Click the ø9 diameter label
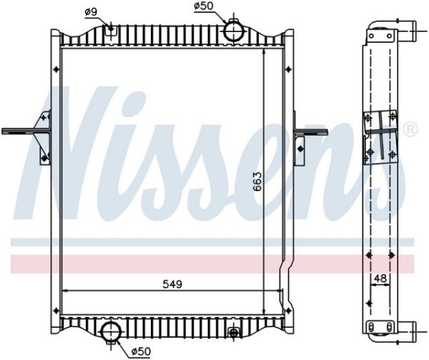click(92, 12)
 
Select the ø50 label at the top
click(203, 6)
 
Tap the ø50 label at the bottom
click(141, 351)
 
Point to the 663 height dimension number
click(257, 181)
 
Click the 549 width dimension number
click(172, 284)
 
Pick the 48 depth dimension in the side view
click(380, 279)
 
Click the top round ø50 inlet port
click(233, 31)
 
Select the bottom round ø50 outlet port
click(111, 331)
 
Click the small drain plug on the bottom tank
click(233, 332)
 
